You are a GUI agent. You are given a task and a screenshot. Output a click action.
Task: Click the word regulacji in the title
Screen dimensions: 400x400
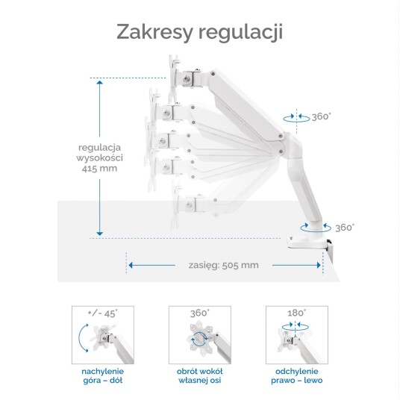(x=240, y=33)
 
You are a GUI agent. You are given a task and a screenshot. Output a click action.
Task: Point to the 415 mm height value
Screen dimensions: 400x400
(x=99, y=169)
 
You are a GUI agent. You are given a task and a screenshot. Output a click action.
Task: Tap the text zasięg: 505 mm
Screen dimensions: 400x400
(x=223, y=266)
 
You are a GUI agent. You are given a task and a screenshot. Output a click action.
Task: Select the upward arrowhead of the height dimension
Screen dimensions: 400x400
(x=99, y=82)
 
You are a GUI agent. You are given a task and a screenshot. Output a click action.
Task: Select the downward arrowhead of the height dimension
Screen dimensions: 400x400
(x=99, y=234)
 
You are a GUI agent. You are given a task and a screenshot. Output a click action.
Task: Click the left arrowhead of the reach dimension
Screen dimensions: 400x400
(x=131, y=266)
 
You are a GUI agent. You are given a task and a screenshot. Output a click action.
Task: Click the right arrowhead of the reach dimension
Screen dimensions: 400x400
(x=319, y=266)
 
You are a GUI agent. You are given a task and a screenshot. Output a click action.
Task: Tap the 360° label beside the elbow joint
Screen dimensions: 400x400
(x=321, y=117)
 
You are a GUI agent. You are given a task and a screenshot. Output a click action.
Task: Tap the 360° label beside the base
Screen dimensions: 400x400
(x=345, y=228)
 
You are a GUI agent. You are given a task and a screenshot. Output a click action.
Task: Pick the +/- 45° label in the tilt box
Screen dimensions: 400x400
(x=102, y=313)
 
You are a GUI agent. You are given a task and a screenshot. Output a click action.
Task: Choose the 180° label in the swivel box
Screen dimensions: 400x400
(x=297, y=313)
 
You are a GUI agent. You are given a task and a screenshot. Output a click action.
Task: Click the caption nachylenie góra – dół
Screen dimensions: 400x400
(x=102, y=376)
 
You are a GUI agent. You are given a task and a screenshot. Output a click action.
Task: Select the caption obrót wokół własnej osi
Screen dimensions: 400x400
(x=200, y=376)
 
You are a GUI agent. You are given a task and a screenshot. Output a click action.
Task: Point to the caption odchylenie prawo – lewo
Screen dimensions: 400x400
(x=297, y=376)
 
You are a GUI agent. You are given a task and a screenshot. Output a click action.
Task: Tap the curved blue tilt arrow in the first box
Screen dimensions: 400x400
(x=80, y=338)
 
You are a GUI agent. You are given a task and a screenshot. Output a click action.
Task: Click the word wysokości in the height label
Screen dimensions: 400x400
(x=99, y=158)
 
